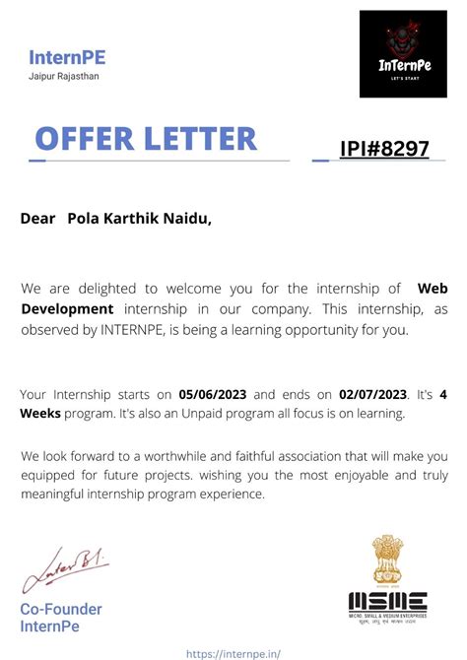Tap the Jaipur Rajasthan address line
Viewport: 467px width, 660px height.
pos(64,77)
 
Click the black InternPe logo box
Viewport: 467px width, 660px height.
pos(403,54)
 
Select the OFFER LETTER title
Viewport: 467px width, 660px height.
pos(146,139)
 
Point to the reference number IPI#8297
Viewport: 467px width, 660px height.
pos(384,149)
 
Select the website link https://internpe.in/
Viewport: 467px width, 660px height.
pos(233,651)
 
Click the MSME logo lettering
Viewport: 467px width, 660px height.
pos(387,600)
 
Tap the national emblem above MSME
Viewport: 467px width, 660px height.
pos(387,559)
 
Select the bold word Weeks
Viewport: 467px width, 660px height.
pos(40,414)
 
